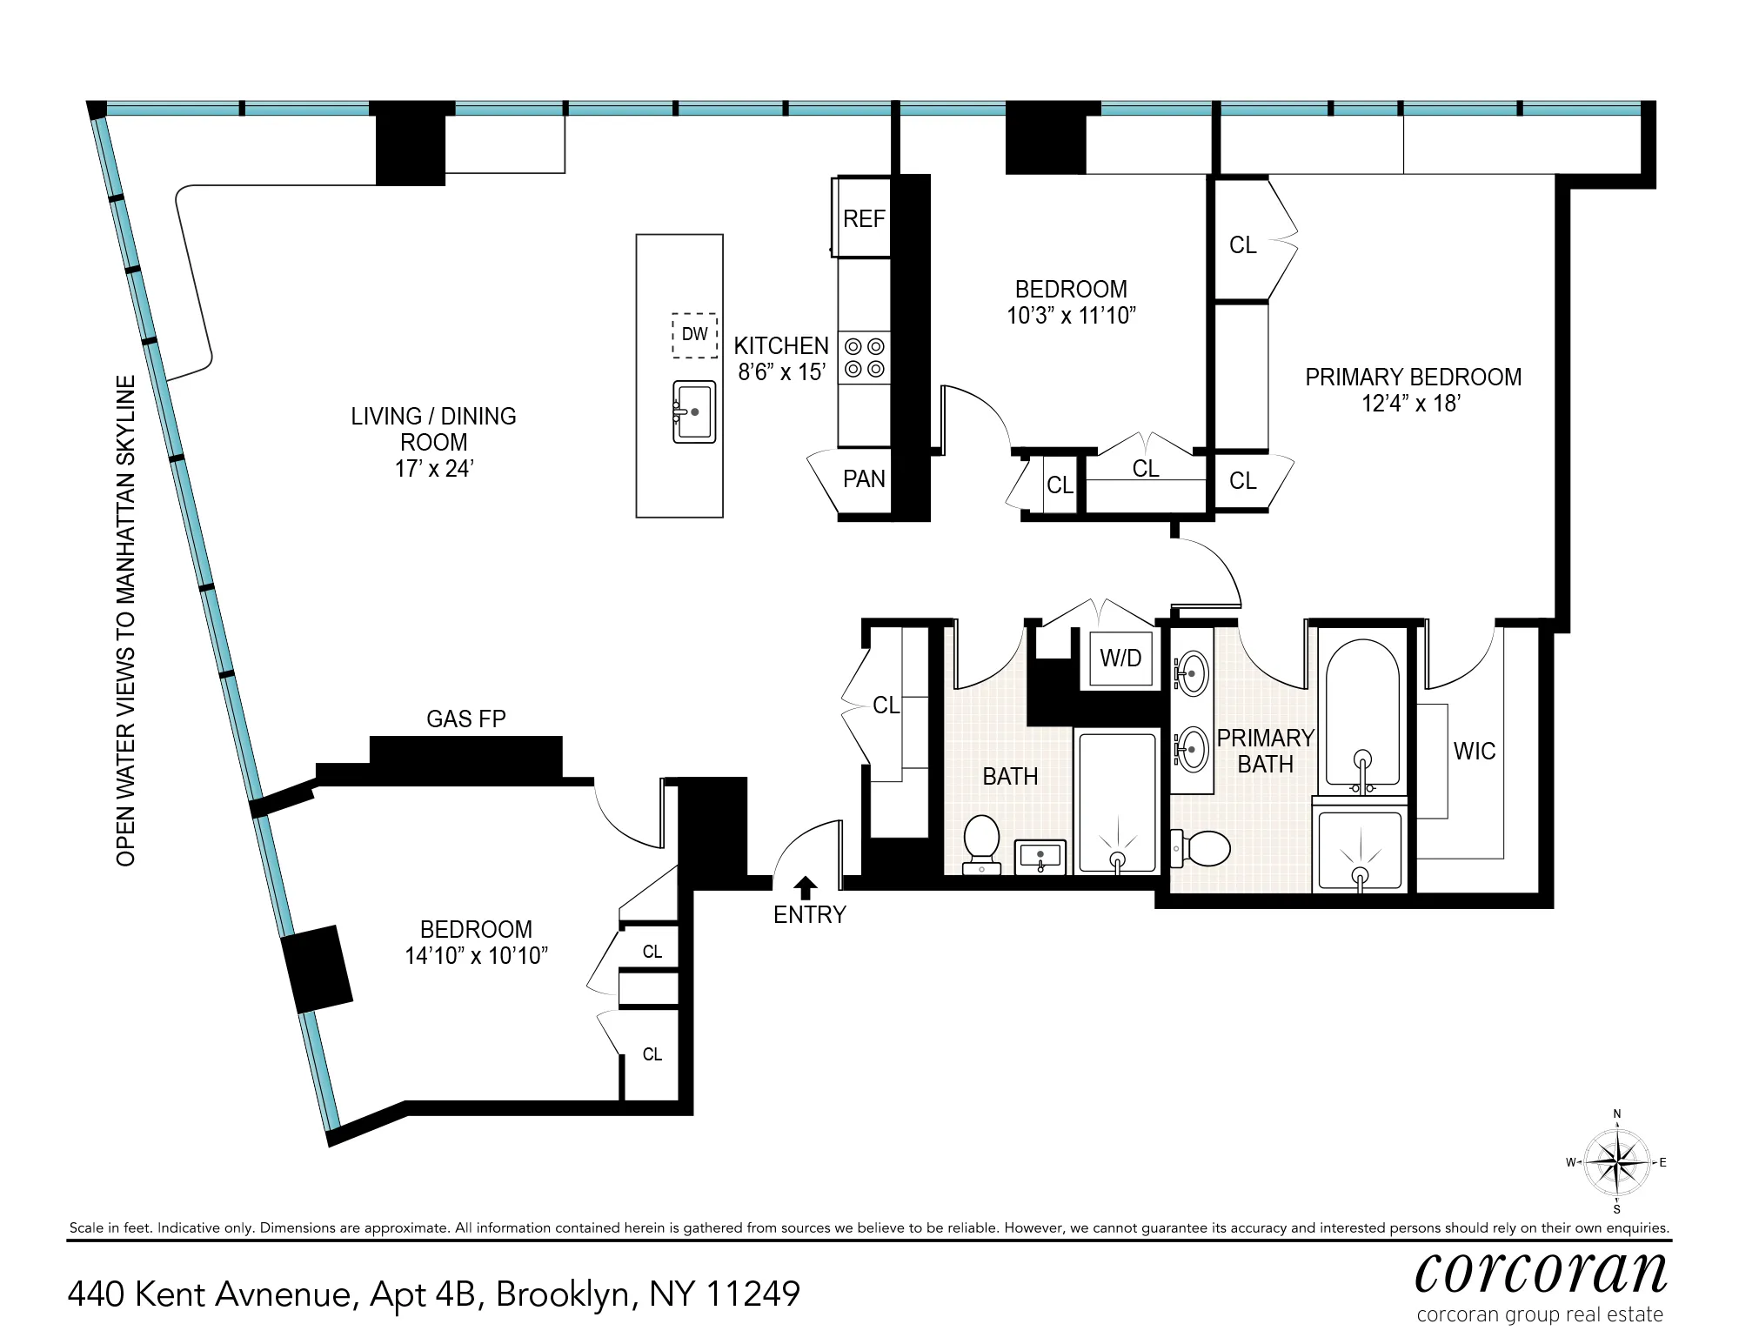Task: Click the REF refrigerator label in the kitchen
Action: click(x=863, y=218)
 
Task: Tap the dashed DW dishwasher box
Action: click(x=694, y=335)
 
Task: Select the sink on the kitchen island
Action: click(x=693, y=411)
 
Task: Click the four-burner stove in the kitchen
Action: click(x=864, y=358)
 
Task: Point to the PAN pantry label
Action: click(x=863, y=478)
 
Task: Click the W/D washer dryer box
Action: click(x=1120, y=659)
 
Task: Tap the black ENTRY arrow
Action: click(x=806, y=887)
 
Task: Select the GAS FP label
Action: click(x=465, y=719)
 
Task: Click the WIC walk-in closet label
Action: click(x=1474, y=751)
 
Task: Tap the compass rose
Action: click(x=1616, y=1162)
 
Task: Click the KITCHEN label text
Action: click(x=780, y=345)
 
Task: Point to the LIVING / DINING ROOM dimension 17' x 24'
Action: click(x=433, y=469)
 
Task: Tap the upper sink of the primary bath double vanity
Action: click(x=1191, y=672)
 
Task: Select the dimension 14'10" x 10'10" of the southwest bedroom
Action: click(x=476, y=956)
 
